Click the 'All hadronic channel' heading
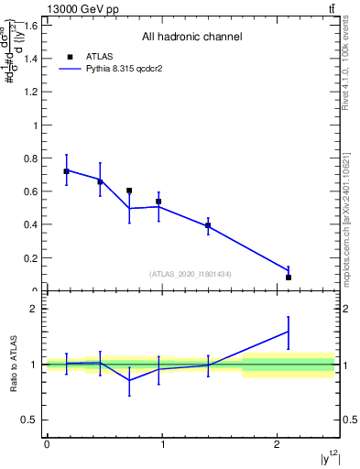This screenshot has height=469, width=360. point(191,38)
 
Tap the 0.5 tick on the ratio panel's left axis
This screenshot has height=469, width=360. point(35,420)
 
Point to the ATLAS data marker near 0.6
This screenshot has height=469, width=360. point(129,191)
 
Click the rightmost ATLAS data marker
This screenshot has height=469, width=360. point(289,277)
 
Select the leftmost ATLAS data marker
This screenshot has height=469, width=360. point(66,171)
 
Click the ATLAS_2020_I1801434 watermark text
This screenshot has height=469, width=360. point(191,274)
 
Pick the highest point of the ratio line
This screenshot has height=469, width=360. point(289,332)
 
